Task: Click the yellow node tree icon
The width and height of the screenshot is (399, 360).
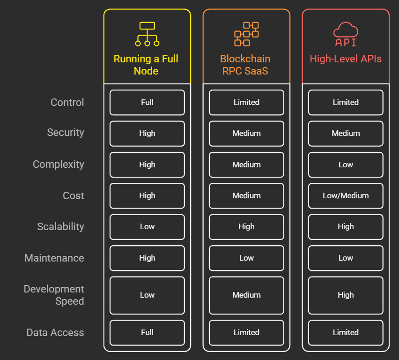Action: tap(147, 34)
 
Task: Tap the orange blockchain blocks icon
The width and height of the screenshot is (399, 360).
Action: tap(246, 34)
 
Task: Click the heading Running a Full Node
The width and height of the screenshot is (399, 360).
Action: tap(146, 65)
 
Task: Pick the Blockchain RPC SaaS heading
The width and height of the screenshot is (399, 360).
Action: tap(245, 65)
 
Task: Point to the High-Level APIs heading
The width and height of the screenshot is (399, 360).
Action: tap(346, 59)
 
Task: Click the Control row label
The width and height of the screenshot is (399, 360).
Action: tap(67, 102)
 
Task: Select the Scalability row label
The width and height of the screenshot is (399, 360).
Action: tap(61, 227)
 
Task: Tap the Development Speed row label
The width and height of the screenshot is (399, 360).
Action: tap(54, 295)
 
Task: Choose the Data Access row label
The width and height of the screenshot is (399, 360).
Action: tap(55, 333)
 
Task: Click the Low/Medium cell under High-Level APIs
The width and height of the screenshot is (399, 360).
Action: tap(346, 195)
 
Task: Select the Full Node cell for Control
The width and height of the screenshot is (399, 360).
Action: tap(147, 102)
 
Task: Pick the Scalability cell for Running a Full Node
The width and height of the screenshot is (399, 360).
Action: tap(147, 227)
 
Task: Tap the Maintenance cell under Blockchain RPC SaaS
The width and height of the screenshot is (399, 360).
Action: tap(246, 258)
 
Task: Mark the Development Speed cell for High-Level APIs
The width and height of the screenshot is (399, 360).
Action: tap(346, 295)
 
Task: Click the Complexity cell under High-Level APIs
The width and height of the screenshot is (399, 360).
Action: tap(346, 165)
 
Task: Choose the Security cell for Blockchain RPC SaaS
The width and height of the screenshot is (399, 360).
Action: tap(246, 133)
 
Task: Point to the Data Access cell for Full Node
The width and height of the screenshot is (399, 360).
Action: tap(147, 332)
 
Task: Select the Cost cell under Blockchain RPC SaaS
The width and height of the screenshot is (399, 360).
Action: tap(246, 195)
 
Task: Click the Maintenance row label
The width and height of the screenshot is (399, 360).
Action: tap(54, 258)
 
